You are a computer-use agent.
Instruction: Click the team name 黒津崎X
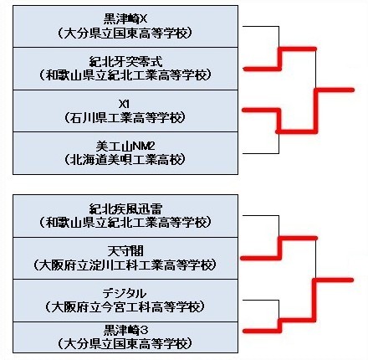[x=125, y=19]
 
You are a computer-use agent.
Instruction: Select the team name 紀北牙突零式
[x=125, y=62]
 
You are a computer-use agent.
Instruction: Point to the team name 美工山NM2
[x=125, y=147]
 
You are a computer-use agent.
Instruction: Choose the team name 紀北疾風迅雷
[x=125, y=209]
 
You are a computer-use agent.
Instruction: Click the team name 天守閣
[x=125, y=251]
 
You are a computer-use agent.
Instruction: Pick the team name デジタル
[x=125, y=294]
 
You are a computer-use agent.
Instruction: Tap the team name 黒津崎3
[x=125, y=330]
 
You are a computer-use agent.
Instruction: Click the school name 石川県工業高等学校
[x=125, y=118]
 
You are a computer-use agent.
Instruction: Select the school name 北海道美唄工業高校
[x=125, y=160]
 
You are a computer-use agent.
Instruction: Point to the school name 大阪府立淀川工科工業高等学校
[x=125, y=265]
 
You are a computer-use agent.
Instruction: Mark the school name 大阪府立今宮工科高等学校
[x=125, y=307]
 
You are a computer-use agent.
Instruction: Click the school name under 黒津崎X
[x=125, y=33]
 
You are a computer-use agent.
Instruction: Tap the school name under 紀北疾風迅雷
[x=125, y=223]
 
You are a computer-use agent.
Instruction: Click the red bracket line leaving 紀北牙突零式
[x=279, y=59]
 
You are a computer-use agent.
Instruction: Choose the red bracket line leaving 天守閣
[x=279, y=248]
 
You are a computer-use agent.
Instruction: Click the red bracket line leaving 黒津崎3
[x=280, y=325]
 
